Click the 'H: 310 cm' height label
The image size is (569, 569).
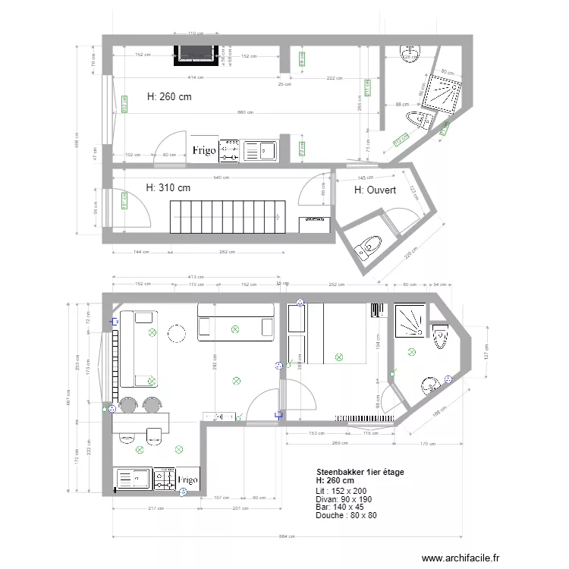[x=168, y=187]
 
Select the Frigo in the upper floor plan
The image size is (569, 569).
[x=204, y=150]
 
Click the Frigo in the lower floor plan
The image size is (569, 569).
[x=187, y=479]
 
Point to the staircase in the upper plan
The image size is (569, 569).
[x=227, y=217]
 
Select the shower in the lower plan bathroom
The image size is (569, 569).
[x=410, y=321]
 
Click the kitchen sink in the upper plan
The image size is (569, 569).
[x=259, y=150]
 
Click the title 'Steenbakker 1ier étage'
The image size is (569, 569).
[x=360, y=472]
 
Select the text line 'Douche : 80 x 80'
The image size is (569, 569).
[x=347, y=515]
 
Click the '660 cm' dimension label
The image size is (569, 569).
[x=245, y=113]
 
